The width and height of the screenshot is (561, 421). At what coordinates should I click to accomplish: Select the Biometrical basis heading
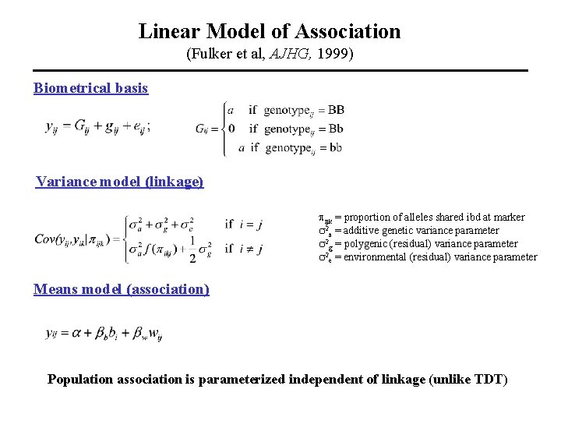coord(90,88)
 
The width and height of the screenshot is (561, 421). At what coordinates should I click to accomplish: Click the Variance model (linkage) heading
coord(119,182)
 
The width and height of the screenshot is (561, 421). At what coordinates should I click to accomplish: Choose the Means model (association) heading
coord(122,289)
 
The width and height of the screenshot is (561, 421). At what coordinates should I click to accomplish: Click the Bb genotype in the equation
coord(335,128)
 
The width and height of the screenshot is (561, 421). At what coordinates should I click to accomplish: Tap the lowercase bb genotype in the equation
coord(333,147)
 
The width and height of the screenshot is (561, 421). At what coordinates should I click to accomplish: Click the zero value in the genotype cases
coord(231,128)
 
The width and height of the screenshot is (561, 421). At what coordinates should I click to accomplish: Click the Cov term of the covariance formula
coord(44,239)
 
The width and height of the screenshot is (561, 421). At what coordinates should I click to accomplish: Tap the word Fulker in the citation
coord(208,55)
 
